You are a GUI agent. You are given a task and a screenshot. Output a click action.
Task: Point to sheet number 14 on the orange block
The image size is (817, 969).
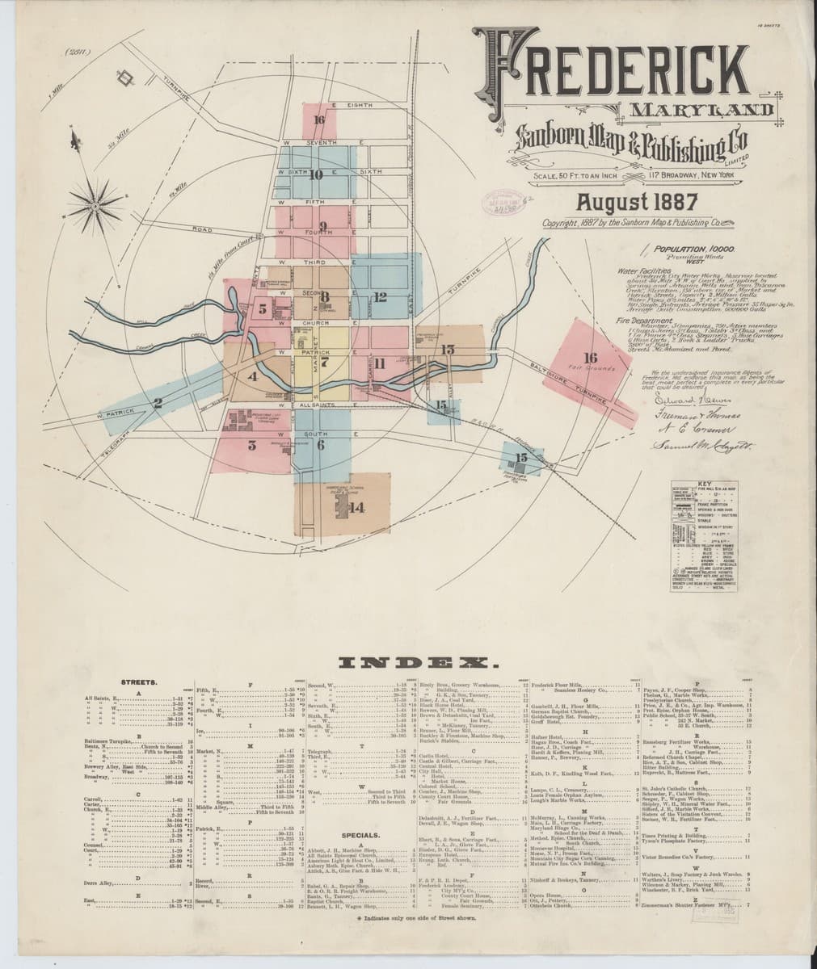click(357, 507)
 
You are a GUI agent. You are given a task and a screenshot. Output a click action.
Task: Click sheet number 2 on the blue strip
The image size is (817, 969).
click(158, 403)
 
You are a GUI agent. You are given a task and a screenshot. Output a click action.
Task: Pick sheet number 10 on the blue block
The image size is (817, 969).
click(315, 174)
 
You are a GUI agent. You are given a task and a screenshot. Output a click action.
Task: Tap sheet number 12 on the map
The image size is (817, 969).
click(381, 296)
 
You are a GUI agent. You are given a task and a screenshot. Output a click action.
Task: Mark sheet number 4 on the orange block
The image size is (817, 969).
click(253, 376)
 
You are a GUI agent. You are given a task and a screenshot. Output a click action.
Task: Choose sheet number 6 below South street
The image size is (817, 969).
click(321, 443)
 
